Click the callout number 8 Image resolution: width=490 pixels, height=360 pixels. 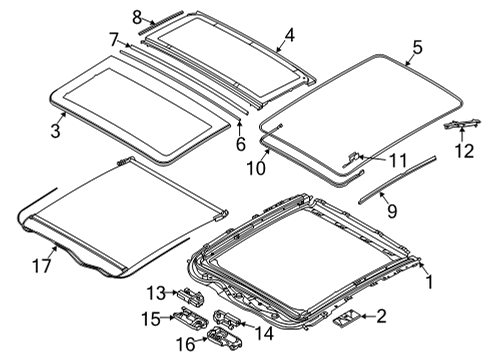point(137,17)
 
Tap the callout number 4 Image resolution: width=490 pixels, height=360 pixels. point(290,35)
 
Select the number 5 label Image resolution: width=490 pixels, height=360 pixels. point(417,47)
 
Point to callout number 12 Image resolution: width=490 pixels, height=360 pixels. point(464,151)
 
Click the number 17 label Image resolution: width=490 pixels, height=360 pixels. point(42,266)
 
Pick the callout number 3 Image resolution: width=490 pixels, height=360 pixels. point(56,130)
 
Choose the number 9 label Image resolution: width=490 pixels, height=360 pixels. point(392,211)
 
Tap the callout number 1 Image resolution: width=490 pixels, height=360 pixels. point(430,282)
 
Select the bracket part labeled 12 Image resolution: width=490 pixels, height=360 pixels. point(462,124)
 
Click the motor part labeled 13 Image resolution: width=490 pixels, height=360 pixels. point(191,295)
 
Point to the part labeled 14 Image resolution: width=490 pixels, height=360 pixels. point(225,317)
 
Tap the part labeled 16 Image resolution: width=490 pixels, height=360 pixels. point(224,338)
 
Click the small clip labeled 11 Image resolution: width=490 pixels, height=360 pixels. point(351,159)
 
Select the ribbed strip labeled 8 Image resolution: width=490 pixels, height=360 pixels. point(161,22)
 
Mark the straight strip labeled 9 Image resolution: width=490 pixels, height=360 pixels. point(397,180)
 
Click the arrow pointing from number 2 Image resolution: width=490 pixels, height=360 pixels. point(368,316)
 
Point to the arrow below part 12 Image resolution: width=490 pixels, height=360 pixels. point(462,135)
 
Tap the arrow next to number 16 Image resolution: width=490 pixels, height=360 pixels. point(201,340)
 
